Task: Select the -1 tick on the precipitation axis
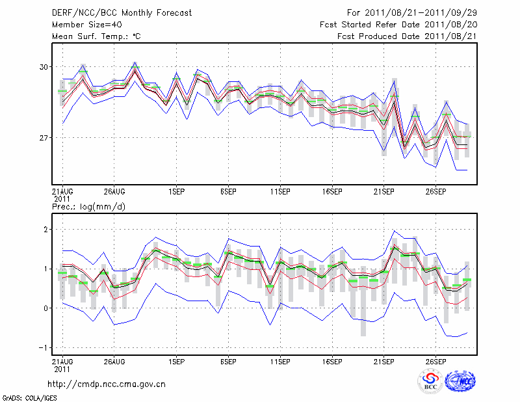tap(45, 347)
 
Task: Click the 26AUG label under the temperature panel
tap(114, 192)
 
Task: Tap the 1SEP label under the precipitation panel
tap(175, 362)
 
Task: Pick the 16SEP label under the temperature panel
tap(332, 192)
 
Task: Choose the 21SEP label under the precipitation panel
tap(384, 362)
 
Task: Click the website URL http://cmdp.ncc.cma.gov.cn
tap(107, 384)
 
